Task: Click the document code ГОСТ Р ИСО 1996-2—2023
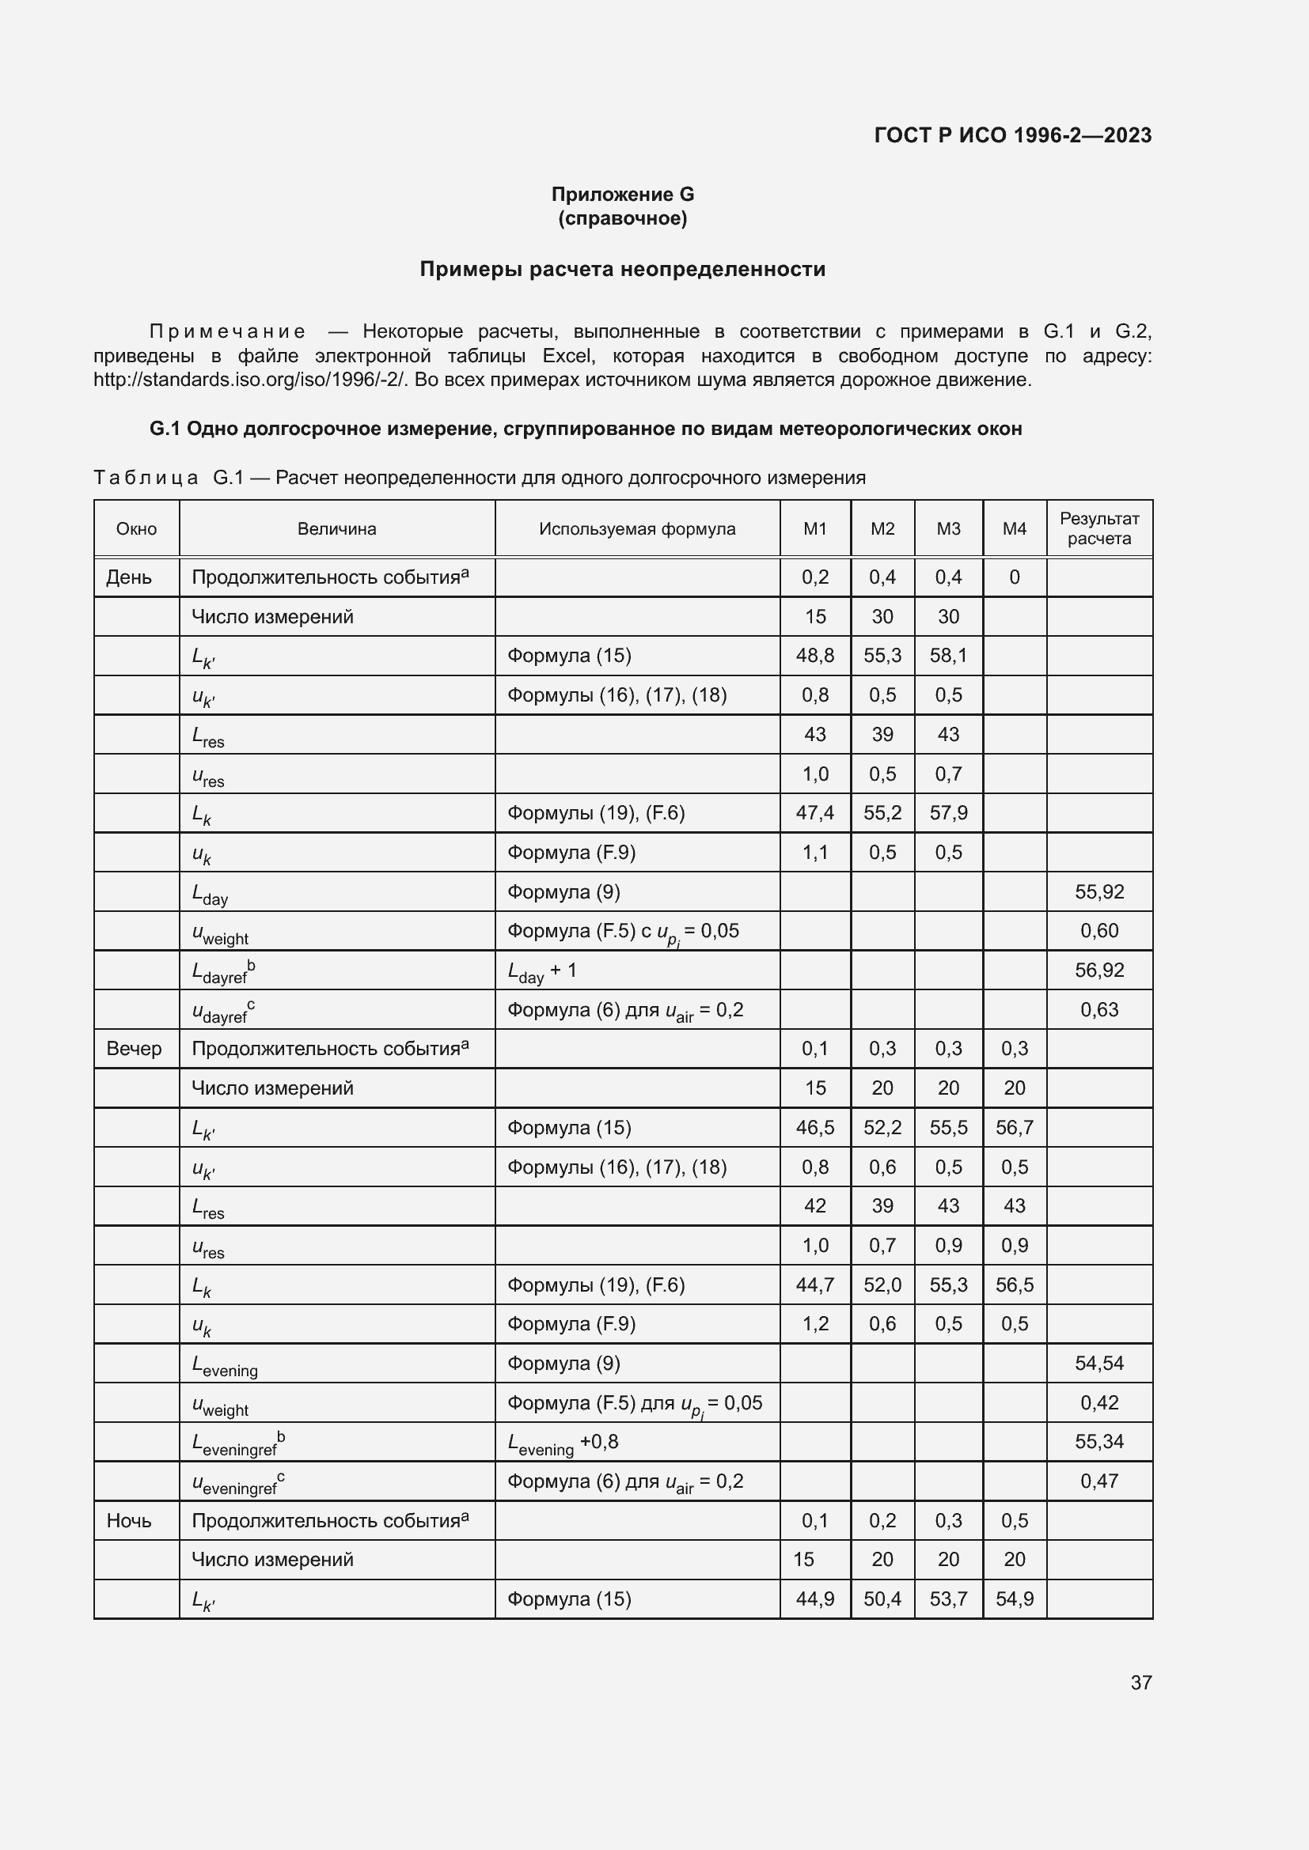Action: click(1012, 135)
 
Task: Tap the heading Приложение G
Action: click(622, 195)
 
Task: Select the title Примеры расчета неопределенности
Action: click(622, 269)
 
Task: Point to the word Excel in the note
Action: click(568, 355)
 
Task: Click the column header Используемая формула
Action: click(637, 528)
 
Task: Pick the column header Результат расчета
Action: click(1098, 528)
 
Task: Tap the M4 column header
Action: click(1014, 528)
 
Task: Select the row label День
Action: click(129, 577)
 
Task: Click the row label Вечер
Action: click(134, 1048)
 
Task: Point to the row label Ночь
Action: click(129, 1520)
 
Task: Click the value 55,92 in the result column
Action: click(1098, 891)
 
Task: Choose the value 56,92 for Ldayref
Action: click(1098, 970)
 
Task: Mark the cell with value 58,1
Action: click(948, 655)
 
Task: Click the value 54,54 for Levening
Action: click(1098, 1364)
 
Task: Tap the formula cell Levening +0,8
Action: click(563, 1443)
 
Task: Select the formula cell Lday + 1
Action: click(541, 971)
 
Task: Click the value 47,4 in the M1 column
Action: click(815, 812)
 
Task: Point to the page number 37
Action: click(1140, 1682)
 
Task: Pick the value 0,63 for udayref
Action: click(1098, 1008)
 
